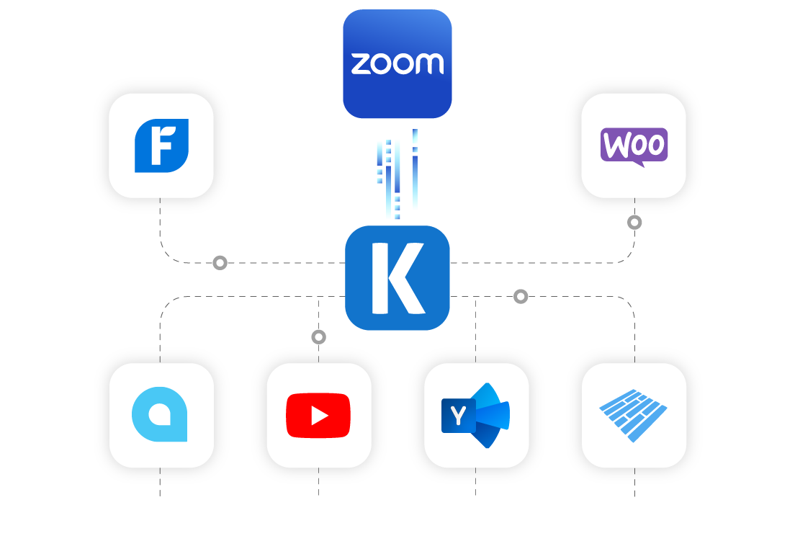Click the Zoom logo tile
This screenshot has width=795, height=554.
397,63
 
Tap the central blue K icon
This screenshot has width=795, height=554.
397,277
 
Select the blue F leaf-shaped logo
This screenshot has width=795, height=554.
161,146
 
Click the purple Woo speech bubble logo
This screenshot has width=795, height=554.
634,146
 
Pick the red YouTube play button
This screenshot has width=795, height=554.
318,415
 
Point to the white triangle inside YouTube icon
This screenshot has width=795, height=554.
319,416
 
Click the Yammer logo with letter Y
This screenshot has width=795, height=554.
476,415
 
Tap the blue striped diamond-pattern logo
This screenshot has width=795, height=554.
633,415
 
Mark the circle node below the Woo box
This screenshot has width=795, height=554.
634,222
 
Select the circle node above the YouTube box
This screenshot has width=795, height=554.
318,336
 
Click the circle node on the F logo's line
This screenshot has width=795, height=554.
220,263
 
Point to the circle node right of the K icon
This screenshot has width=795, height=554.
521,296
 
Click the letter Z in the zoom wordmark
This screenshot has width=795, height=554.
359,64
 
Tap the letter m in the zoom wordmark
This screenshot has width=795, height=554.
430,64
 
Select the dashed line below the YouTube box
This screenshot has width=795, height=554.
318,482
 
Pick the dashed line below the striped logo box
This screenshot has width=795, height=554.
634,482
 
